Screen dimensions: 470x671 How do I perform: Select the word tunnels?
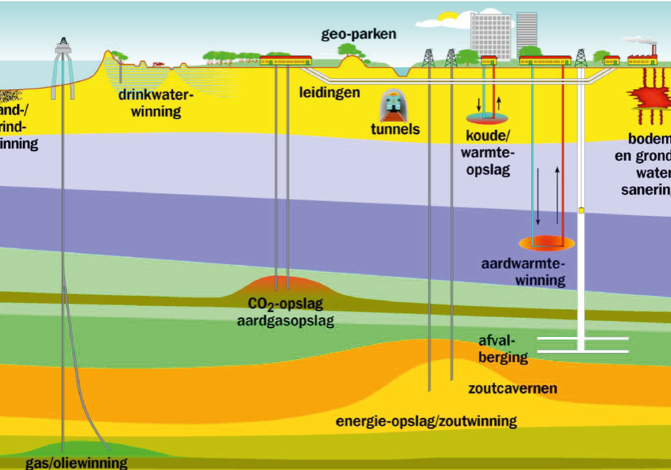click(395, 129)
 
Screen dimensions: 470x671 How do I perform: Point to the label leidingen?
click(330, 92)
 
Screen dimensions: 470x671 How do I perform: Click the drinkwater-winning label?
click(156, 103)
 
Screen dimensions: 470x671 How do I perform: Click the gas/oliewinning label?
click(76, 463)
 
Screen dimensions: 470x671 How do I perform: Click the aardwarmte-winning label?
click(524, 271)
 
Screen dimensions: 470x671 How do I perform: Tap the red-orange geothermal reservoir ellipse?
click(546, 242)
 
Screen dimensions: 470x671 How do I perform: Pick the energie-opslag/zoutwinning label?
click(426, 421)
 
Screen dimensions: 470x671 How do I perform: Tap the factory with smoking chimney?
click(643, 57)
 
